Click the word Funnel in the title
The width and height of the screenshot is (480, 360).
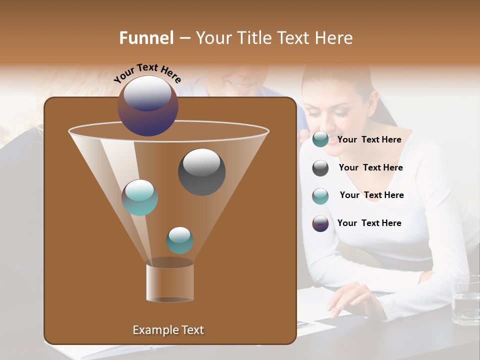click(x=146, y=38)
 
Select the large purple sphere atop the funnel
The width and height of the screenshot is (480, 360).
click(x=148, y=106)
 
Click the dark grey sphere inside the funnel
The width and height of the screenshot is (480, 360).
click(x=202, y=172)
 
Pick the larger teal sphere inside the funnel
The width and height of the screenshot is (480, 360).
click(x=140, y=197)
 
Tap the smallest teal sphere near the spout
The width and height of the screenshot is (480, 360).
click(x=179, y=240)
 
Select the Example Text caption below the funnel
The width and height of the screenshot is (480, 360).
click(x=168, y=330)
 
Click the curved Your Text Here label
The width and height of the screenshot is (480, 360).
click(x=147, y=73)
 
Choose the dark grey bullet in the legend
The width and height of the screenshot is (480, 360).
click(x=320, y=168)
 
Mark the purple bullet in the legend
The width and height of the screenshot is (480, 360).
click(x=320, y=223)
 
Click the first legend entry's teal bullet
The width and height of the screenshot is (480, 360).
click(x=320, y=139)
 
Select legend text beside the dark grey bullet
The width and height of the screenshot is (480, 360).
click(x=370, y=167)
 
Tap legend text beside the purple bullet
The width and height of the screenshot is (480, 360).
click(x=369, y=223)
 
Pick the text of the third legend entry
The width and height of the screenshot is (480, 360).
click(x=371, y=195)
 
